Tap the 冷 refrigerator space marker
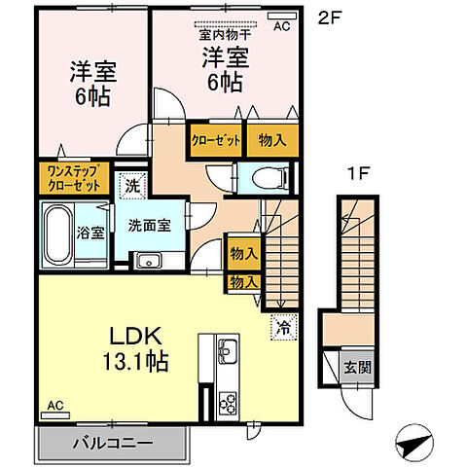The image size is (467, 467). [283, 329]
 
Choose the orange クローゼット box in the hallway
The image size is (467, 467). [215, 140]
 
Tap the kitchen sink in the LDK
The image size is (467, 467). [226, 350]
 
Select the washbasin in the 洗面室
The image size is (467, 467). [149, 260]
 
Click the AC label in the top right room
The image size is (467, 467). [282, 26]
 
